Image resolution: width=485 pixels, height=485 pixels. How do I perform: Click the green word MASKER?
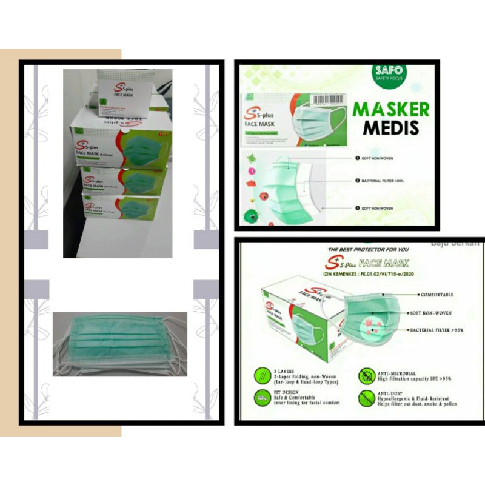[x=391, y=109]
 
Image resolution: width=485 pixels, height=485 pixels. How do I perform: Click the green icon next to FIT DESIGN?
[x=263, y=397]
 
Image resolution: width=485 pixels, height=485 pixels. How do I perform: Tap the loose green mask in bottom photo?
[x=119, y=343]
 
